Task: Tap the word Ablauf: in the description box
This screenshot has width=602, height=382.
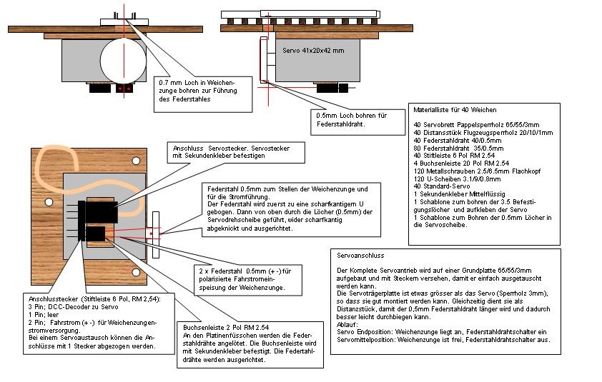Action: click(x=347, y=323)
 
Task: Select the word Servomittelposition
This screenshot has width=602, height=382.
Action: click(x=365, y=339)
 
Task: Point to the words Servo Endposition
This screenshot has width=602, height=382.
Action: click(x=362, y=331)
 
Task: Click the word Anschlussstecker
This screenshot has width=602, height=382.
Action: click(x=50, y=298)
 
